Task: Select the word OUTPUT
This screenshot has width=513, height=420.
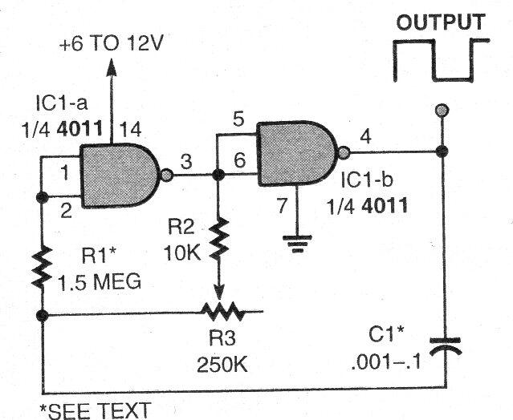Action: tap(439, 22)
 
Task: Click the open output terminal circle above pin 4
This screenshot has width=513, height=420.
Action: tap(439, 110)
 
